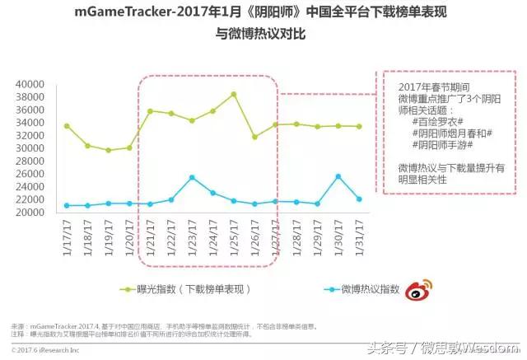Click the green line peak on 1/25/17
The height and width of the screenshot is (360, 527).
[234, 94]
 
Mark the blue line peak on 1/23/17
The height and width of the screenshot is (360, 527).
[192, 177]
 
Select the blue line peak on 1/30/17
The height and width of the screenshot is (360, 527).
[338, 176]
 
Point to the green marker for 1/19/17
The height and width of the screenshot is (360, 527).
[108, 150]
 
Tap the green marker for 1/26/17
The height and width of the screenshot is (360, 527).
[254, 137]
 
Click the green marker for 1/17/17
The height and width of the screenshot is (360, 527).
[67, 125]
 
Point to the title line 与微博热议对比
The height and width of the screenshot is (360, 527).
[263, 33]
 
